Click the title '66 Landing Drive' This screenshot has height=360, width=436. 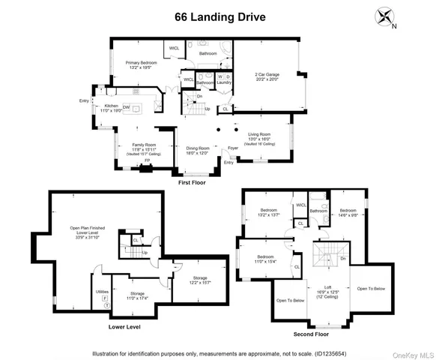[x=217, y=16]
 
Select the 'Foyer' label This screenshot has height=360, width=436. [x=233, y=148]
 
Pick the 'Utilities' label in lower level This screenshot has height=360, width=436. [x=103, y=290]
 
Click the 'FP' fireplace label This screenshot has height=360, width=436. [x=146, y=160]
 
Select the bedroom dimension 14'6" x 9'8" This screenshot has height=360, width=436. [x=348, y=215]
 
